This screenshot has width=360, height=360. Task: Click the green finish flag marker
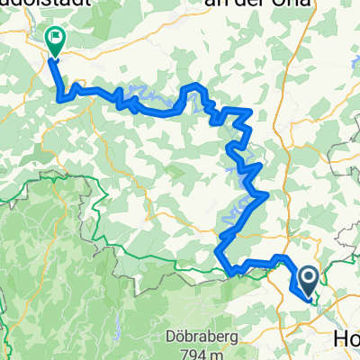pos(54,40)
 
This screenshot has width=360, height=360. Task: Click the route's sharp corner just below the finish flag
pos(61,98)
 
